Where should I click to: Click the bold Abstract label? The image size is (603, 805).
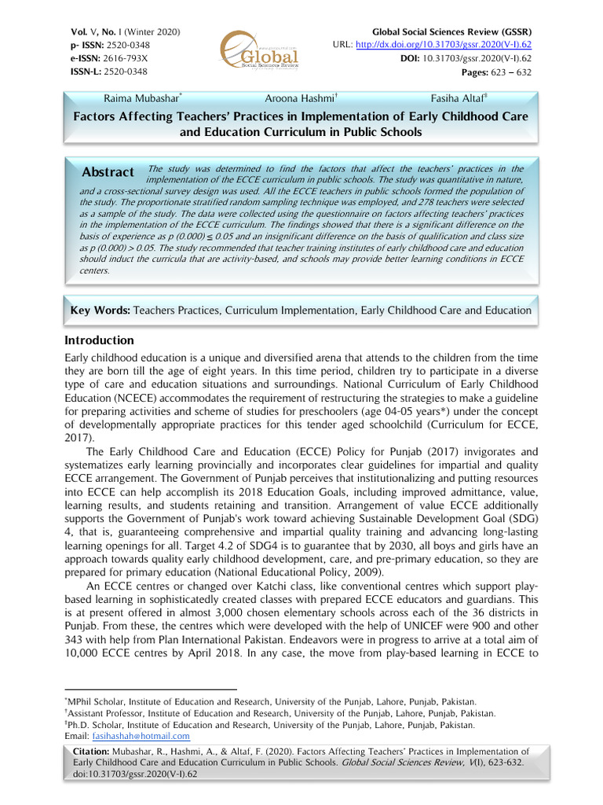pyautogui.click(x=108, y=172)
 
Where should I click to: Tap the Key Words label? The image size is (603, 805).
pyautogui.click(x=100, y=311)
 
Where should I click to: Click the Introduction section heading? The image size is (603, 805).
pyautogui.click(x=98, y=340)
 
